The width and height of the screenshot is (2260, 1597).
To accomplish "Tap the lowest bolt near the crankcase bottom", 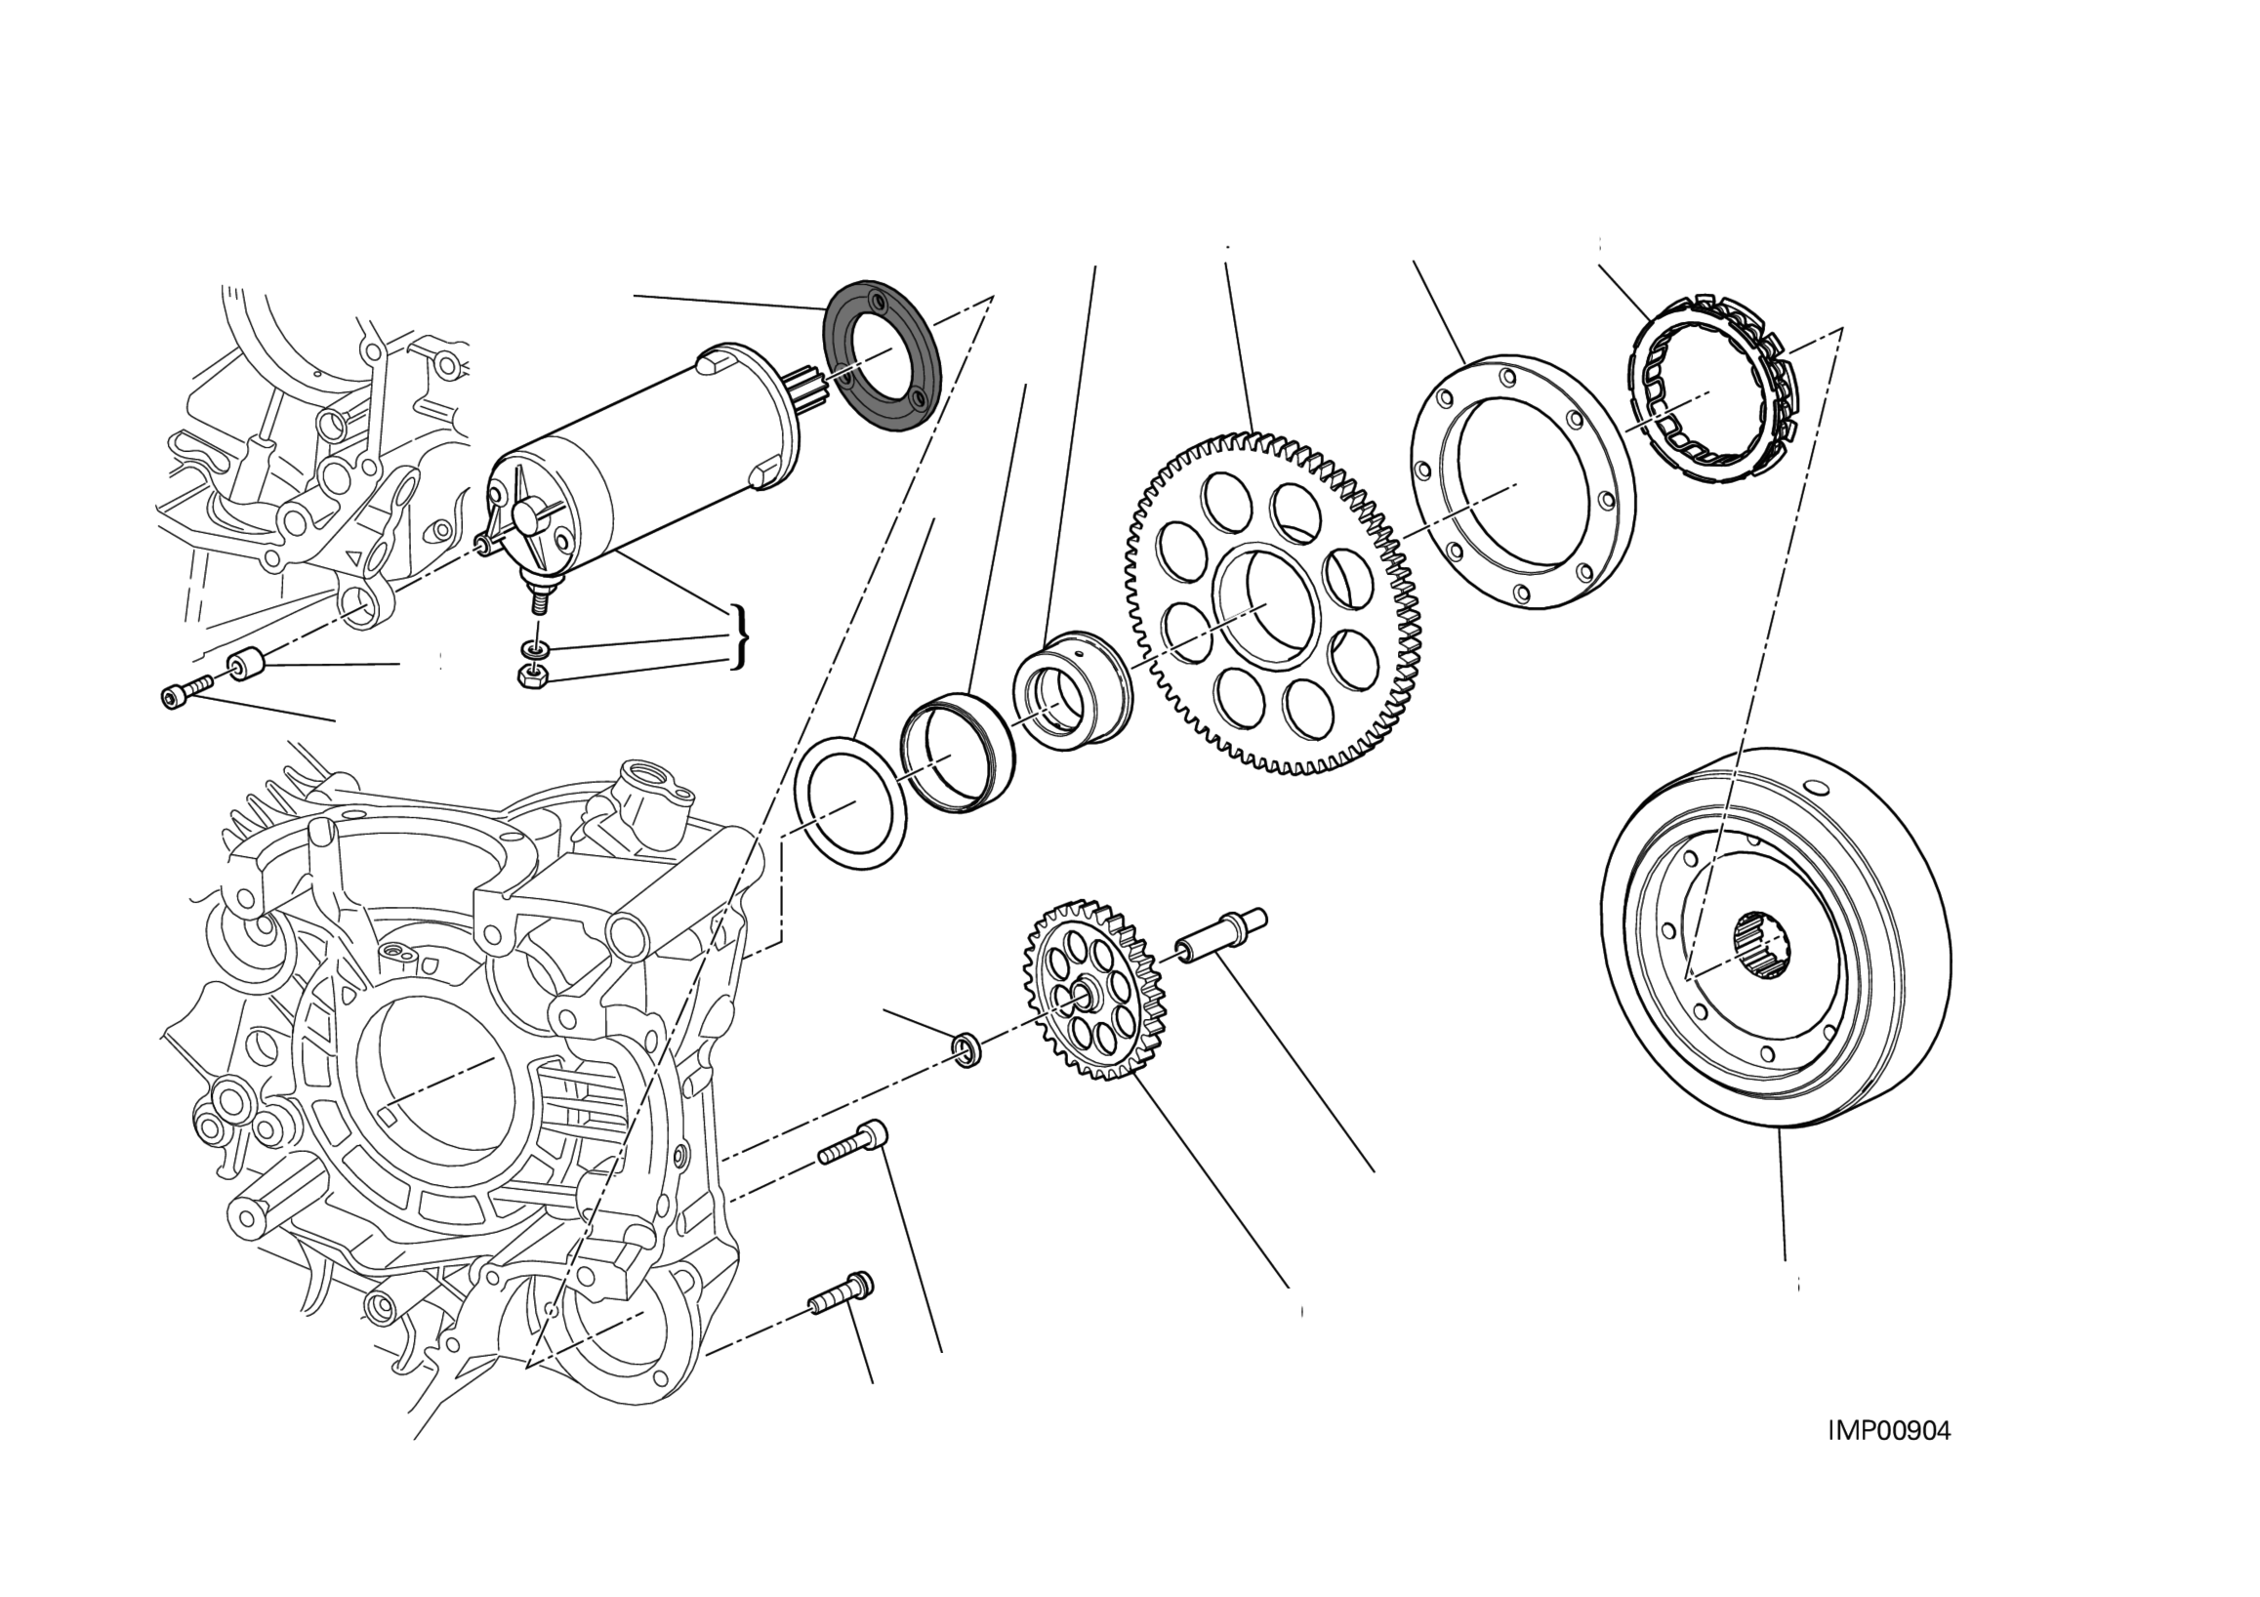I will point(842,1291).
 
